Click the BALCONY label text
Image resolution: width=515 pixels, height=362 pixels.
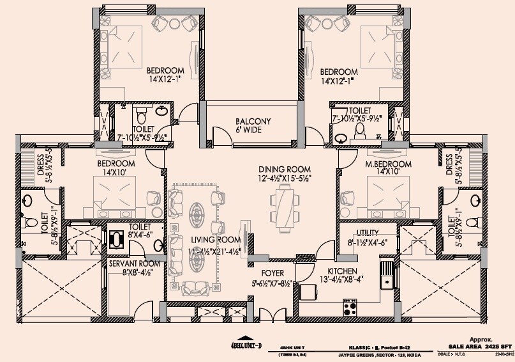(253, 121)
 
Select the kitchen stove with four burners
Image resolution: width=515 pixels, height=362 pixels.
(350, 308)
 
